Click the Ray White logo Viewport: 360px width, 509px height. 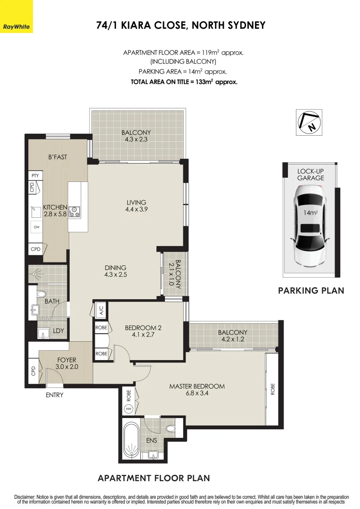(16, 16)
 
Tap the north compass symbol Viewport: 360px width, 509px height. (309, 123)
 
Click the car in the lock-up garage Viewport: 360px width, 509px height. (310, 226)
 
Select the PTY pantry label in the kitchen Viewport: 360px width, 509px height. (35, 176)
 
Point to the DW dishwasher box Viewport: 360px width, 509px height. (36, 227)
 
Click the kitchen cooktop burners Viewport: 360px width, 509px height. (75, 212)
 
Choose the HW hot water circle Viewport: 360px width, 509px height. (129, 409)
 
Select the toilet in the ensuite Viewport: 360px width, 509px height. (170, 428)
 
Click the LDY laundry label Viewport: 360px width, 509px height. (58, 331)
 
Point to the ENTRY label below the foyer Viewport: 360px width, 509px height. (54, 395)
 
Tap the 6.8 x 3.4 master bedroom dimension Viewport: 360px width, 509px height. (197, 394)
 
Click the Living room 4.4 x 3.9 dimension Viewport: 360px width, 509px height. (136, 209)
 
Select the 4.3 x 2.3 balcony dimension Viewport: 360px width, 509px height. (136, 140)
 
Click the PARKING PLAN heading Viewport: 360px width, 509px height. (311, 290)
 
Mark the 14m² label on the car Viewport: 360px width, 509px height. (311, 213)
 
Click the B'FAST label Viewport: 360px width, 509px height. (57, 157)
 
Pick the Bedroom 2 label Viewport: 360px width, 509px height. (143, 328)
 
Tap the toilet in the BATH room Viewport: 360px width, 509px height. (41, 295)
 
